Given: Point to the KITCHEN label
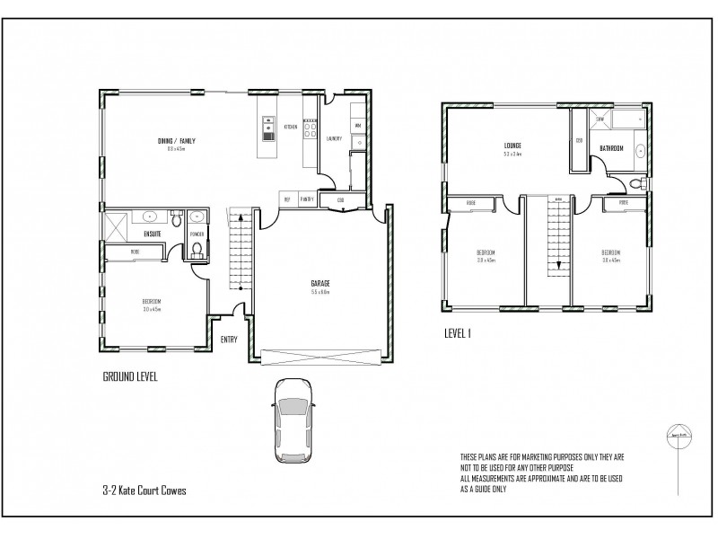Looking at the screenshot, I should (291, 128).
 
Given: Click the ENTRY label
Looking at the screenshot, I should (230, 340).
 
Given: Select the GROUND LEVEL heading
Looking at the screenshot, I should (130, 377).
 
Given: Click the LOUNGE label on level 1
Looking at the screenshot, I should (512, 145).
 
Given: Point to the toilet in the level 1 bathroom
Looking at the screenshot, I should (635, 184).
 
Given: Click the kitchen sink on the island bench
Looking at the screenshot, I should (267, 134).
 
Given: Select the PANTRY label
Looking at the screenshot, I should (308, 199).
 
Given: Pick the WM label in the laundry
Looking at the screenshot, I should (356, 126).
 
